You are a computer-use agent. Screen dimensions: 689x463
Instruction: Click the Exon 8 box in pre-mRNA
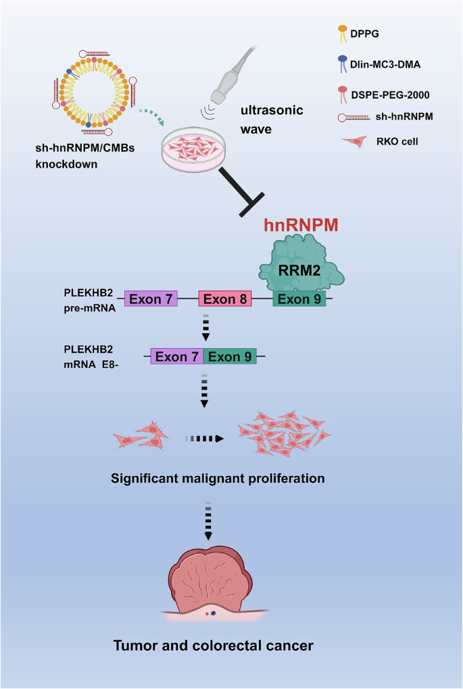(225, 298)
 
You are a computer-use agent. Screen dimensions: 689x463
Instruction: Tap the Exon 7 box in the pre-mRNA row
(151, 298)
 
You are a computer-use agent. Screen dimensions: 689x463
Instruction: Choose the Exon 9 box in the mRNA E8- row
(230, 356)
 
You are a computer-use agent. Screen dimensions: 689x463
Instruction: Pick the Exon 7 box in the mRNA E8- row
(176, 356)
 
